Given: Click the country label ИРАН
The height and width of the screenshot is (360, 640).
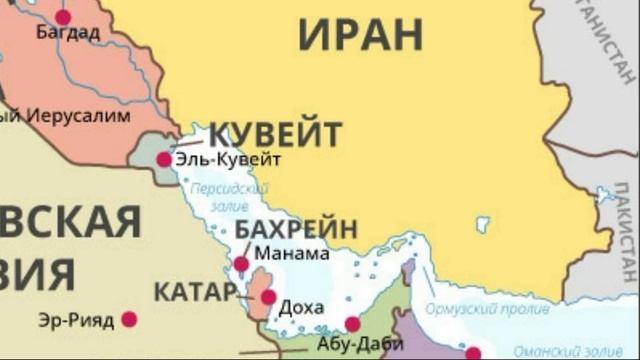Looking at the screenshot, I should coord(361,35).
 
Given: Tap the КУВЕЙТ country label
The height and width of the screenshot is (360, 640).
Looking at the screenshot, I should coord(275,134).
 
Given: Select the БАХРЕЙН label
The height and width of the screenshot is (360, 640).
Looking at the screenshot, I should coord(296,229).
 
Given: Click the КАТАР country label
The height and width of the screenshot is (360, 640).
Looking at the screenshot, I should coord(194,293).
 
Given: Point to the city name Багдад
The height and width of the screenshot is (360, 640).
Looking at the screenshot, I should coord(68,33).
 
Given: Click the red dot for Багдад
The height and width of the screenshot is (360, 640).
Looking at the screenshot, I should coord(63,16).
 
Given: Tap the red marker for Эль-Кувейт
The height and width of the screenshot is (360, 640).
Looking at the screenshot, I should coord(164,159).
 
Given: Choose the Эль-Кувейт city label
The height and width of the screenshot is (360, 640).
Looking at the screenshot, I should coord(228,159).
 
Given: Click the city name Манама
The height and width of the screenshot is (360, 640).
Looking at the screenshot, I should coord(292,253).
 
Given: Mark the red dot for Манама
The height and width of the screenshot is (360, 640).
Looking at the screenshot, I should coord(241,264).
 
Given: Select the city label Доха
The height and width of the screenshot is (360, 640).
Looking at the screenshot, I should coord(301,306).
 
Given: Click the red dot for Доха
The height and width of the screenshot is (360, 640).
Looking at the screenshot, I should coord(268,297).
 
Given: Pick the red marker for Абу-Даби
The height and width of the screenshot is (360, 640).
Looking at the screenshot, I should coord(352,324).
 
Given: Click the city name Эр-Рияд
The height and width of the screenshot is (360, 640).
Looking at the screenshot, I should coord(76,320).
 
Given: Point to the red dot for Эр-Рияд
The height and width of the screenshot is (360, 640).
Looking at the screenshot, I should coord(129,320).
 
